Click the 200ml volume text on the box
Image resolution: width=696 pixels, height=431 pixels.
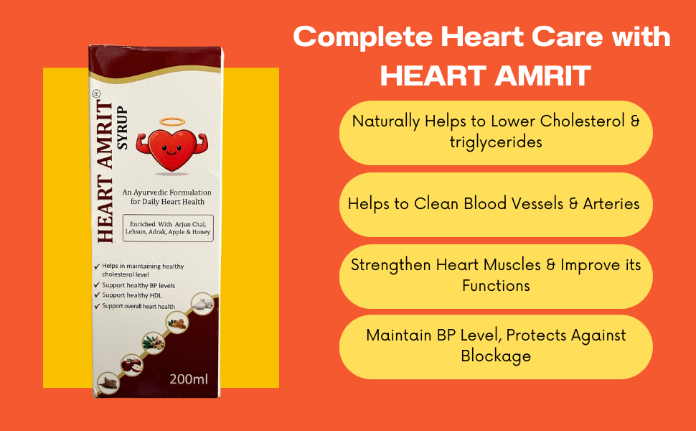(188, 379)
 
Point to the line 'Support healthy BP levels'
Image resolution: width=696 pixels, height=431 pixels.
(138, 285)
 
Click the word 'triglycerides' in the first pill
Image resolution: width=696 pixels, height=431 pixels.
(496, 142)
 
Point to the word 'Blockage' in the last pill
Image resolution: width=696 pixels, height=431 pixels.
(496, 356)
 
